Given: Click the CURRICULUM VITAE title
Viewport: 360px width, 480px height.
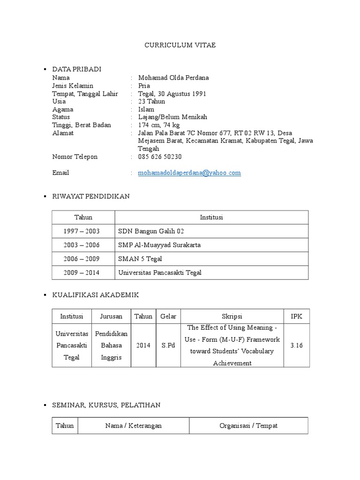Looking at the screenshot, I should (180, 45).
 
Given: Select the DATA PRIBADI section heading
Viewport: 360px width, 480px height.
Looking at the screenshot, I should (76, 69).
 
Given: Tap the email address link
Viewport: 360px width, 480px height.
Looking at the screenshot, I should (189, 173).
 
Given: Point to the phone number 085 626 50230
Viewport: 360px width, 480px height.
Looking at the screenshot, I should (160, 157).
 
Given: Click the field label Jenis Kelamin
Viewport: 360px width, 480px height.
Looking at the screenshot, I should (73, 85).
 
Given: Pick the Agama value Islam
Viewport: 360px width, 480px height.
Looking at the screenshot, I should (146, 109).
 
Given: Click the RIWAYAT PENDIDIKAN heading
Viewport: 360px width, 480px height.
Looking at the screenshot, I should (90, 196).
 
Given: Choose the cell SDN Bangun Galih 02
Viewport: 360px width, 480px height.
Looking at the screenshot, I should (148, 232).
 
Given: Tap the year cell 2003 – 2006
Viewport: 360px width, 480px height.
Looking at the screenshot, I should (83, 245).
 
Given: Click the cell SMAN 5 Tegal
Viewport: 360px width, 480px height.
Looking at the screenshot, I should (140, 259).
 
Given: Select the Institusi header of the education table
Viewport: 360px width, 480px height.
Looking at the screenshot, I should (211, 217).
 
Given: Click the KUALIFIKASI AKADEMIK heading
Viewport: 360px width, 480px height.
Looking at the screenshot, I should (95, 295).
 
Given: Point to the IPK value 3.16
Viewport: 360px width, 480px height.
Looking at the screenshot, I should (296, 345).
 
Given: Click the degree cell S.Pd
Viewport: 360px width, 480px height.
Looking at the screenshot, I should (168, 345).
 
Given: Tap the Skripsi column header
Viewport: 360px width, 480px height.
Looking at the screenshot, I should (232, 316).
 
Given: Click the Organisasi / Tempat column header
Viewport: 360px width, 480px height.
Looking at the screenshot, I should (248, 426).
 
